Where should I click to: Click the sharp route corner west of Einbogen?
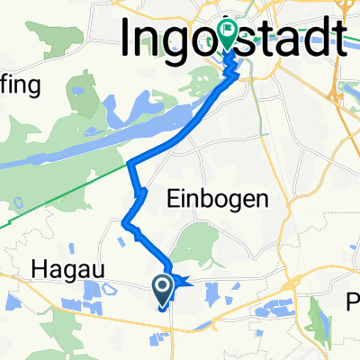(130, 164)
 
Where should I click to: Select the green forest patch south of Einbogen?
(193, 243)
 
